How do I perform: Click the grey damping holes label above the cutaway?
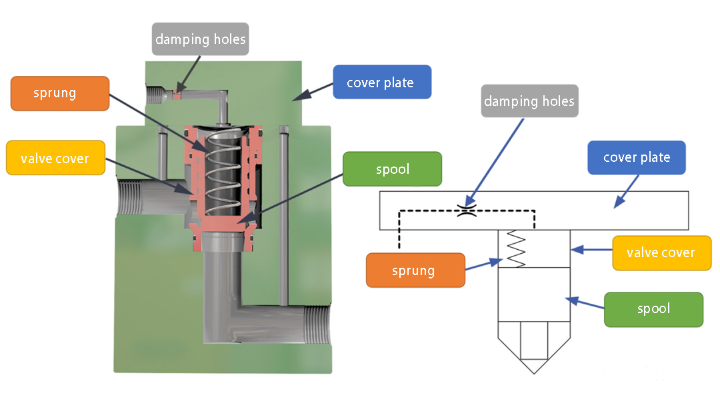pyautogui.click(x=200, y=39)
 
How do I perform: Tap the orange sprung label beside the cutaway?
pyautogui.click(x=60, y=93)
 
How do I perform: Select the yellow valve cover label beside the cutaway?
pyautogui.click(x=55, y=158)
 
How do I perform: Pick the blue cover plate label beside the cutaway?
pyautogui.click(x=382, y=82)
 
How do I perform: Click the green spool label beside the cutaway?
pyautogui.click(x=392, y=169)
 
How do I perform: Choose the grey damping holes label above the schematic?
pyautogui.click(x=529, y=101)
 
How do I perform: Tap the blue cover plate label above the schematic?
pyautogui.click(x=637, y=157)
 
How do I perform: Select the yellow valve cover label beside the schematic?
pyautogui.click(x=662, y=252)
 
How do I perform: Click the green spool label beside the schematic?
pyautogui.click(x=653, y=309)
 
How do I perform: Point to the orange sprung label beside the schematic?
pyautogui.click(x=415, y=270)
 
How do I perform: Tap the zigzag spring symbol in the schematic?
pyautogui.click(x=515, y=248)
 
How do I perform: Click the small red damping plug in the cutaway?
pyautogui.click(x=177, y=95)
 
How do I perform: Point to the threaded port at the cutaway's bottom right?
pyautogui.click(x=317, y=325)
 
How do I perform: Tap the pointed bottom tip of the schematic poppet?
pyautogui.click(x=534, y=374)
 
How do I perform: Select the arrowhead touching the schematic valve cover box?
pyautogui.click(x=577, y=250)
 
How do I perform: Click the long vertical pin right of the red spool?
pyautogui.click(x=284, y=216)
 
